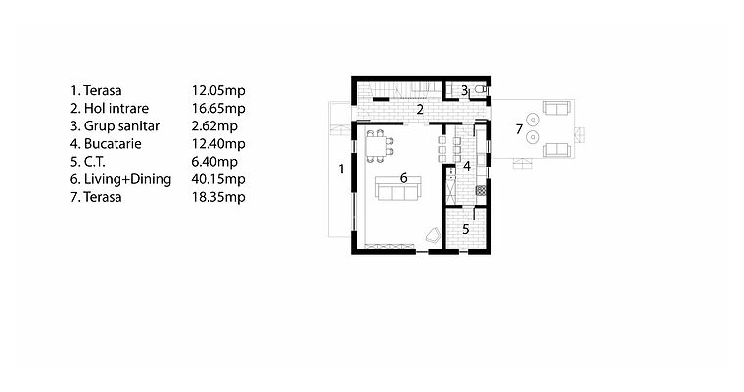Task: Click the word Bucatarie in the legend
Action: pos(113,143)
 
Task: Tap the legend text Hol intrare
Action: pos(116,109)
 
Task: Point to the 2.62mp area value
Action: pos(214,125)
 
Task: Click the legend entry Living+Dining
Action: pos(127,179)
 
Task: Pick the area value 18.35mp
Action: pos(218,197)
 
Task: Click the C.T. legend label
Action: pos(94,162)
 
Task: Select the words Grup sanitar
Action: pos(121,126)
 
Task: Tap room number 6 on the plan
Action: pos(403,178)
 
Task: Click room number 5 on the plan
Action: pos(465,229)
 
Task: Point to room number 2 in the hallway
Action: pos(420,110)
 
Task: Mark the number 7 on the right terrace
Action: pos(519,128)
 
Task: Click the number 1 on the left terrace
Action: pos(341,169)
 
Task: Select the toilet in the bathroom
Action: pos(481,89)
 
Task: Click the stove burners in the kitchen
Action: pos(481,190)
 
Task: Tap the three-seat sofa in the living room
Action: pos(398,188)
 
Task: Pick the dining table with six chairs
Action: pos(378,146)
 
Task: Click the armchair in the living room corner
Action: pos(433,235)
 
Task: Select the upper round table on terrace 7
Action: pos(533,119)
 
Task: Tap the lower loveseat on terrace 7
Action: pos(557,150)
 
